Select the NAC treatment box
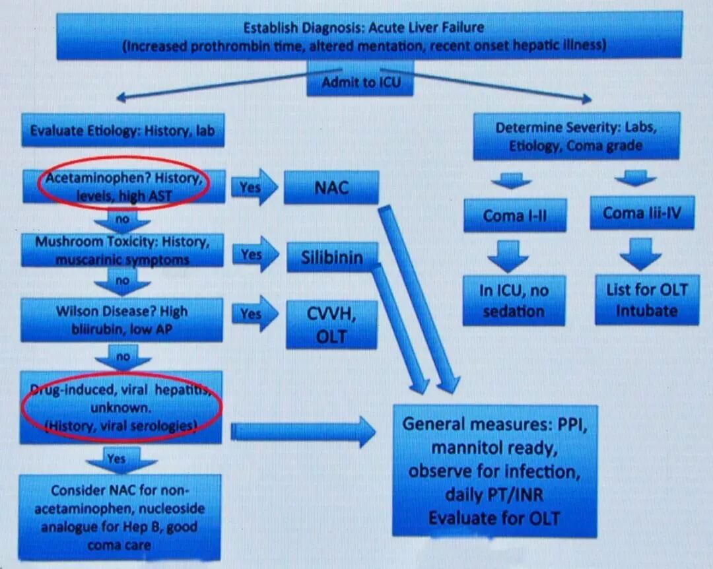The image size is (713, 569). click(x=331, y=187)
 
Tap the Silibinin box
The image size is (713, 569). click(x=332, y=257)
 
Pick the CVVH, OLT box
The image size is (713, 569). click(x=332, y=325)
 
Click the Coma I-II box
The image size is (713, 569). click(x=514, y=215)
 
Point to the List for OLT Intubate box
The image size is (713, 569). click(x=646, y=300)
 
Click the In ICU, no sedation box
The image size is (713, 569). click(x=514, y=300)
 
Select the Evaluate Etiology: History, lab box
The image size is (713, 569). click(x=123, y=131)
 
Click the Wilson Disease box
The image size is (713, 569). click(x=122, y=319)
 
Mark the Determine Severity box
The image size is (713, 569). click(x=576, y=136)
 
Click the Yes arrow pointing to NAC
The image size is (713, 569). click(x=254, y=187)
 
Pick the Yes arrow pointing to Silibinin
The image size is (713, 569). click(x=254, y=255)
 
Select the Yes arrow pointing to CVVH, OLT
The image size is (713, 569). click(x=254, y=314)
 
